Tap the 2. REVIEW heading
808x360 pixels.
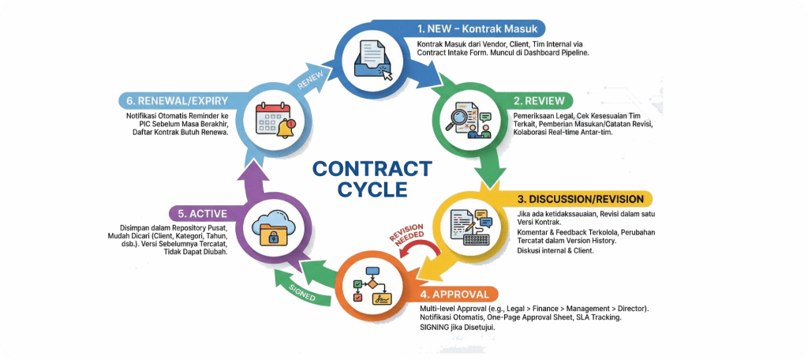point(540,101)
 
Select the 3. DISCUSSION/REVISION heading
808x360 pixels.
point(581,198)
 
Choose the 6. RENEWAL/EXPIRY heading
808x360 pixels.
point(176,100)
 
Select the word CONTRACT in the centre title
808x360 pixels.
point(372,168)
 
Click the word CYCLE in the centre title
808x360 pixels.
point(372,189)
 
